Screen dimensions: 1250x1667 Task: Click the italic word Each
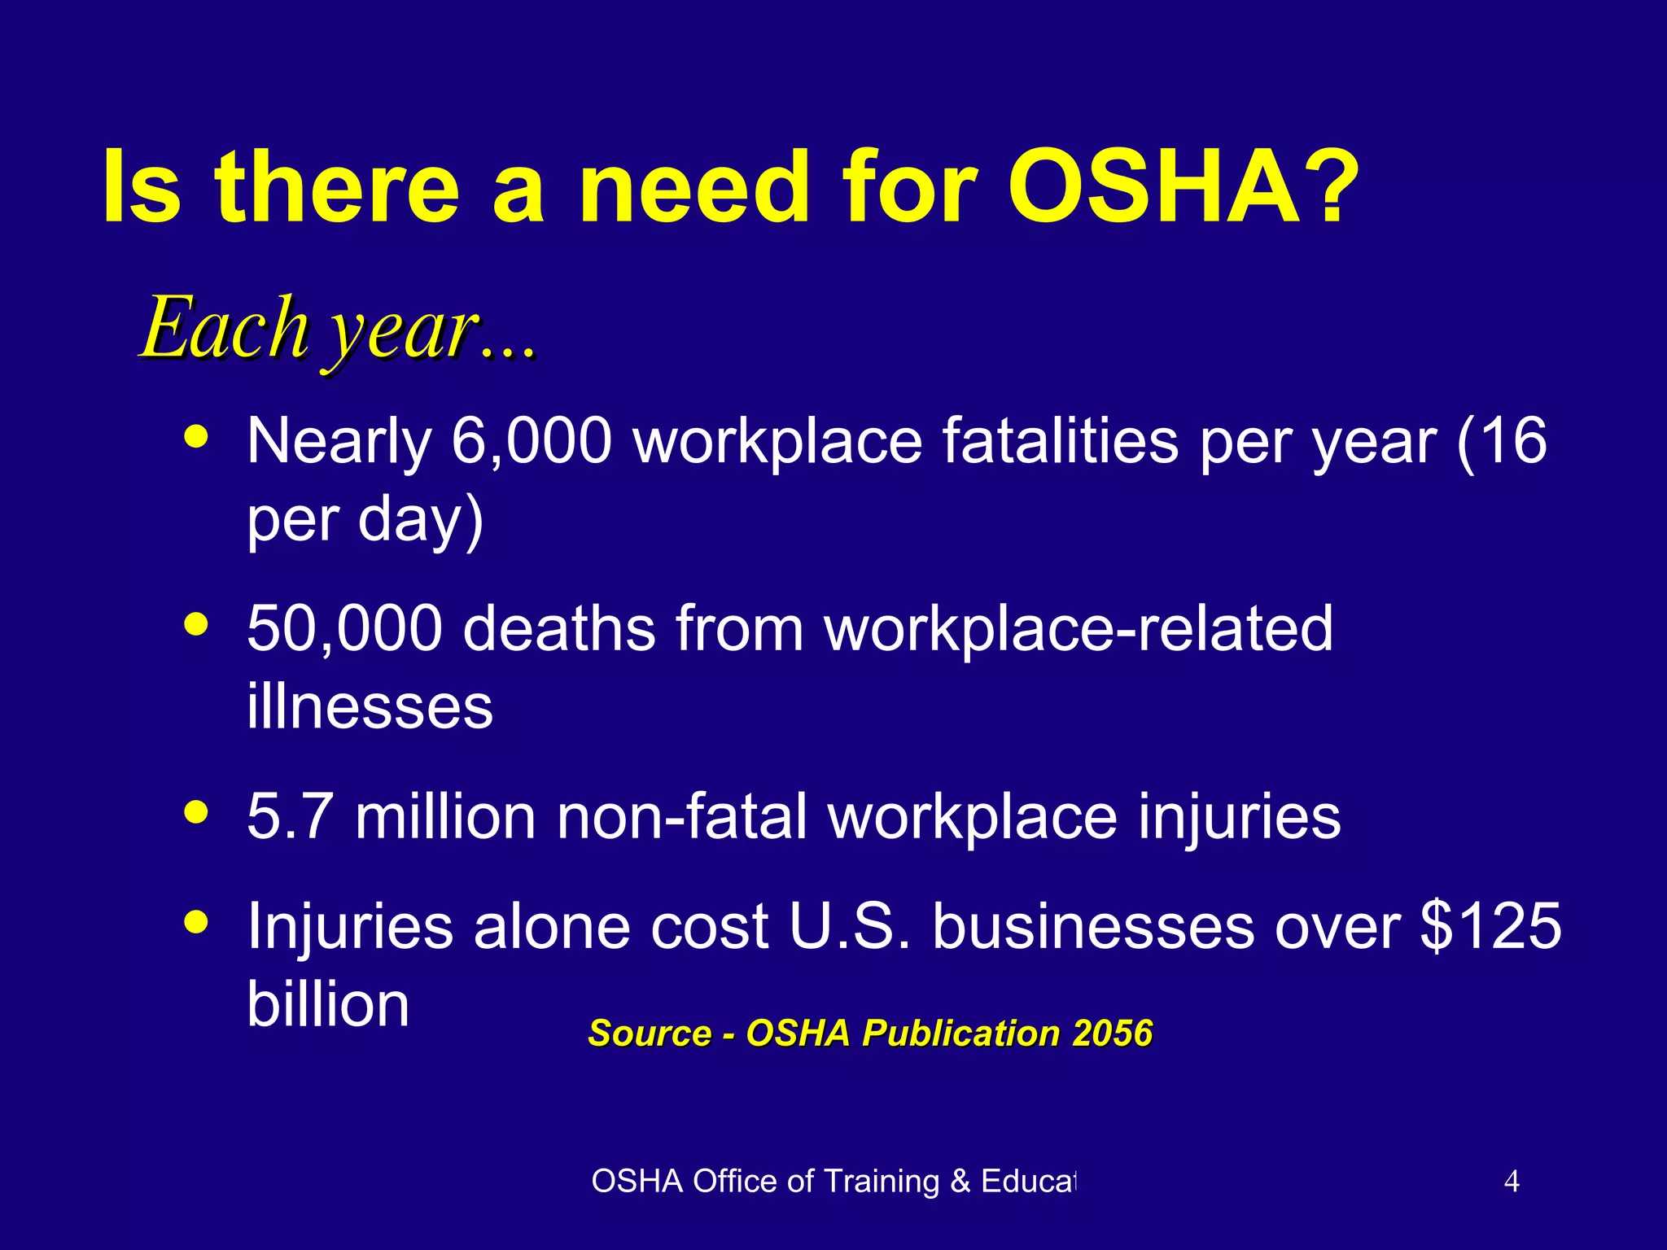pyautogui.click(x=224, y=327)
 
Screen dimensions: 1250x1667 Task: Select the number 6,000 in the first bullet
pyautogui.click(x=531, y=441)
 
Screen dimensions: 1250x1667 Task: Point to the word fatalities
pyautogui.click(x=1061, y=441)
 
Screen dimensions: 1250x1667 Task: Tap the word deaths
pyautogui.click(x=559, y=628)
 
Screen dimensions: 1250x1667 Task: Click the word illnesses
pyautogui.click(x=370, y=706)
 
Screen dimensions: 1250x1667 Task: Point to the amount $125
pyautogui.click(x=1490, y=926)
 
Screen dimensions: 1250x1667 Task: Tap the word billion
pyautogui.click(x=328, y=1003)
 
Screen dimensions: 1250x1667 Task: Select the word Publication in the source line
pyautogui.click(x=961, y=1034)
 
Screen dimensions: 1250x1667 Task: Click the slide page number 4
pyautogui.click(x=1512, y=1181)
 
